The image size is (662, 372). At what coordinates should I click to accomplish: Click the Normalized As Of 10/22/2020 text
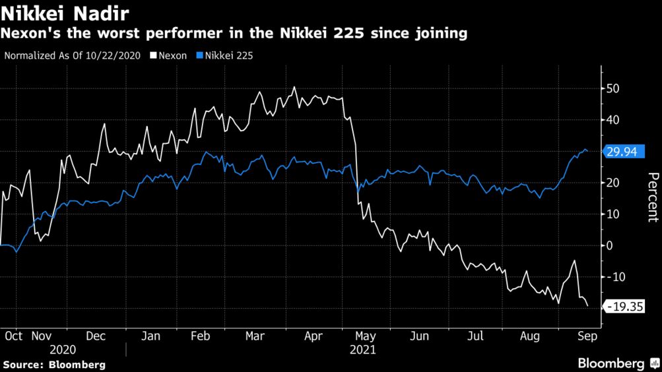tap(73, 55)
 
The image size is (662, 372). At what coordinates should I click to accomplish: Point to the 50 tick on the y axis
tap(614, 88)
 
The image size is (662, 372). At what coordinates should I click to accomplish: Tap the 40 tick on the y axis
tap(614, 120)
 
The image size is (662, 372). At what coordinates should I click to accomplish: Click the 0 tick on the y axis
tap(611, 245)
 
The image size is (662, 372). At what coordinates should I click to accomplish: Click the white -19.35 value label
tap(623, 307)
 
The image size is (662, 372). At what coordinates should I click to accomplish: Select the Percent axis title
tap(653, 197)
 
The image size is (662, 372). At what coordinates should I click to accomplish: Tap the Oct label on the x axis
tap(13, 336)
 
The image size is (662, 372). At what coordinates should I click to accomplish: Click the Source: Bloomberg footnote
tap(53, 364)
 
